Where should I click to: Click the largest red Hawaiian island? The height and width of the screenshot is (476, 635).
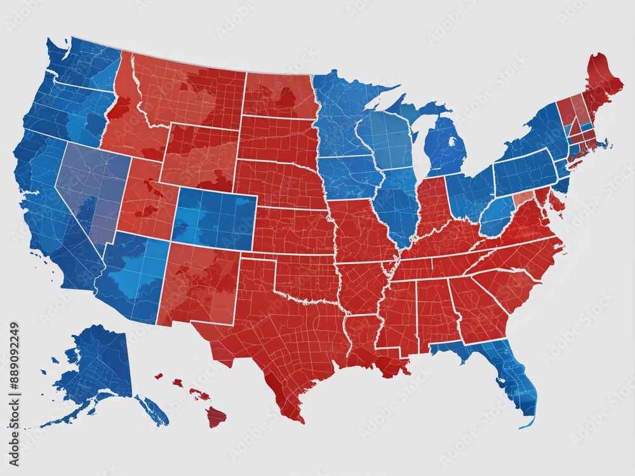(216, 417)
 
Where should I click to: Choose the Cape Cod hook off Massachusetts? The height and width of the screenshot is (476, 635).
(606, 145)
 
